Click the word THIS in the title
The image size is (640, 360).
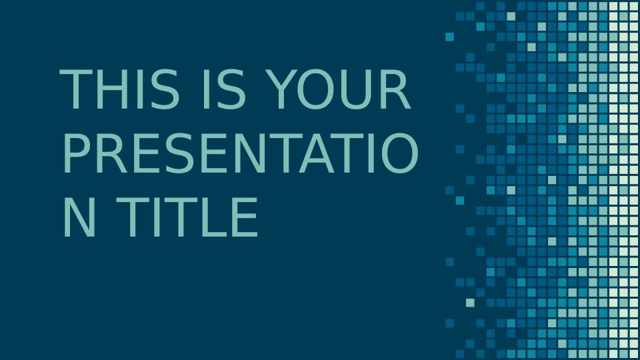(x=119, y=89)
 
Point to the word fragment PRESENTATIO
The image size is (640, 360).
(x=241, y=153)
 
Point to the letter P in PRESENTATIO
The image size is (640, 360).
(x=77, y=153)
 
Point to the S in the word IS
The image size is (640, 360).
(x=231, y=89)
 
